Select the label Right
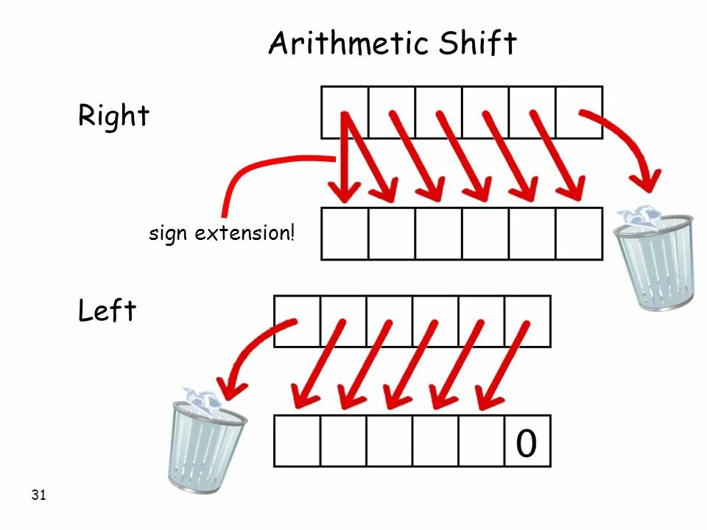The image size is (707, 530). point(113,116)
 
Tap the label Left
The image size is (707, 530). point(107,311)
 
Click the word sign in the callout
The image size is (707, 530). point(168,234)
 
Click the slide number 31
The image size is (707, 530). point(39,495)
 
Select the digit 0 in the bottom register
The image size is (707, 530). point(526,442)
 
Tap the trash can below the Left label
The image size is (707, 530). point(205,448)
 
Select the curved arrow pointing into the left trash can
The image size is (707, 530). point(250,353)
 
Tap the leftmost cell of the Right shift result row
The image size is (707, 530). point(345,234)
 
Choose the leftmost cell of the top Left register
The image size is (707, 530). point(298,321)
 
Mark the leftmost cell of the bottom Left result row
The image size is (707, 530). point(298,441)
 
